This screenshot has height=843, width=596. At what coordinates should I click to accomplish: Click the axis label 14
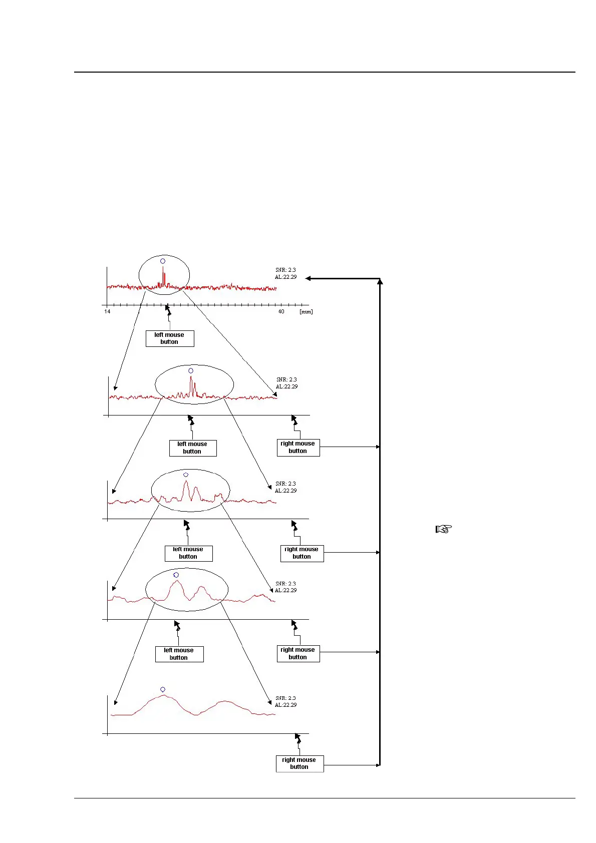point(107,311)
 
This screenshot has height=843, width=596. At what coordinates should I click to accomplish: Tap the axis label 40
point(281,311)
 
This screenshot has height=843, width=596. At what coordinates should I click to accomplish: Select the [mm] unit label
point(306,311)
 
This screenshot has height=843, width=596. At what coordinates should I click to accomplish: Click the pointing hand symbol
point(444,529)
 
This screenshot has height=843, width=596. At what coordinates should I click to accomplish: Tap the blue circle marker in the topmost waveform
point(163,261)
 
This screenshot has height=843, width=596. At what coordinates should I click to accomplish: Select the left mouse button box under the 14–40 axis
point(170,338)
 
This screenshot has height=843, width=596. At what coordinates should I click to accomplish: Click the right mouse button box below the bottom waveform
point(300,763)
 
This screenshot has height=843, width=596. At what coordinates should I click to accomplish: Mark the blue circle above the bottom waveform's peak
point(163,689)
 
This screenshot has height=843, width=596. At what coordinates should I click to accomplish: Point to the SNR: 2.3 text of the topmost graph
point(285,270)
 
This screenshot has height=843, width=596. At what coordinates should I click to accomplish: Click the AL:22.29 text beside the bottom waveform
point(285,705)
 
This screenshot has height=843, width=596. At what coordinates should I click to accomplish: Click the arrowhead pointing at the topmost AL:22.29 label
point(309,278)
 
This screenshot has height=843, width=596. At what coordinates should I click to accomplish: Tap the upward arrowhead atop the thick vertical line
point(380,282)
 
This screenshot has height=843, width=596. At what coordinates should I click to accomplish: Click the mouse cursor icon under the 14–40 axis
point(168,310)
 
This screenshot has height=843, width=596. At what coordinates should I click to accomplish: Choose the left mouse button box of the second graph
point(193,448)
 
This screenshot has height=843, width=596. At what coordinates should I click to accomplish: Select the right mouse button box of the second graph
point(298,447)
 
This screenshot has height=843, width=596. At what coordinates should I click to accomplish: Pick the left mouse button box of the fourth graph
point(179,654)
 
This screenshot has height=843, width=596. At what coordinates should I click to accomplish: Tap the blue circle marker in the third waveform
point(186,475)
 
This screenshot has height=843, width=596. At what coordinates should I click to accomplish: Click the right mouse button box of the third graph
point(302,553)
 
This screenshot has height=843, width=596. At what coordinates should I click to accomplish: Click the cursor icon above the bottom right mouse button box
point(298,739)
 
